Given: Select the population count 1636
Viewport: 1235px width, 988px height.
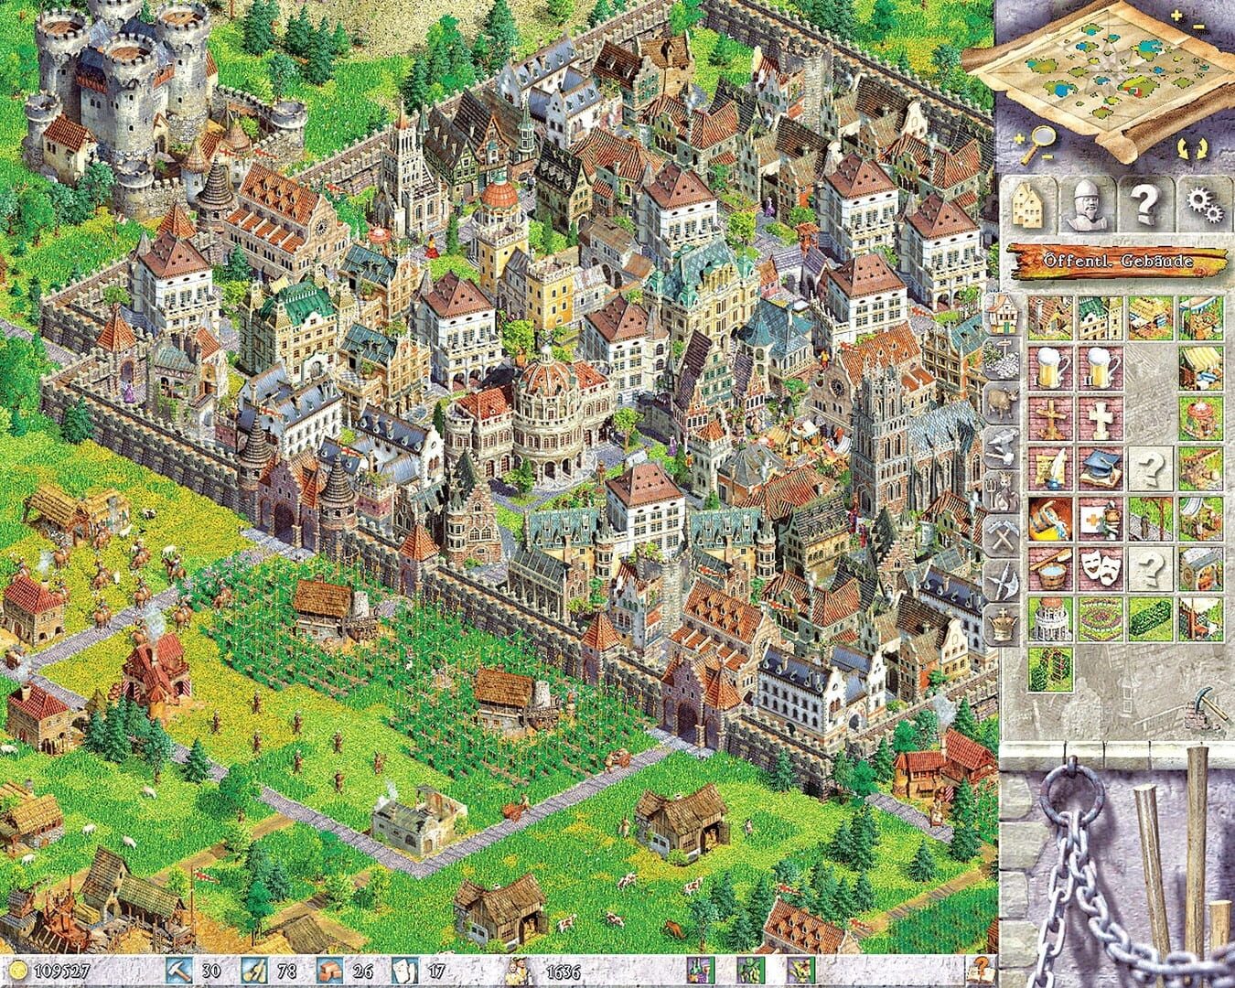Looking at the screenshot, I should tap(562, 971).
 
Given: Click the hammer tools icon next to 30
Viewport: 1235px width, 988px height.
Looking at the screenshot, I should tap(177, 971).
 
